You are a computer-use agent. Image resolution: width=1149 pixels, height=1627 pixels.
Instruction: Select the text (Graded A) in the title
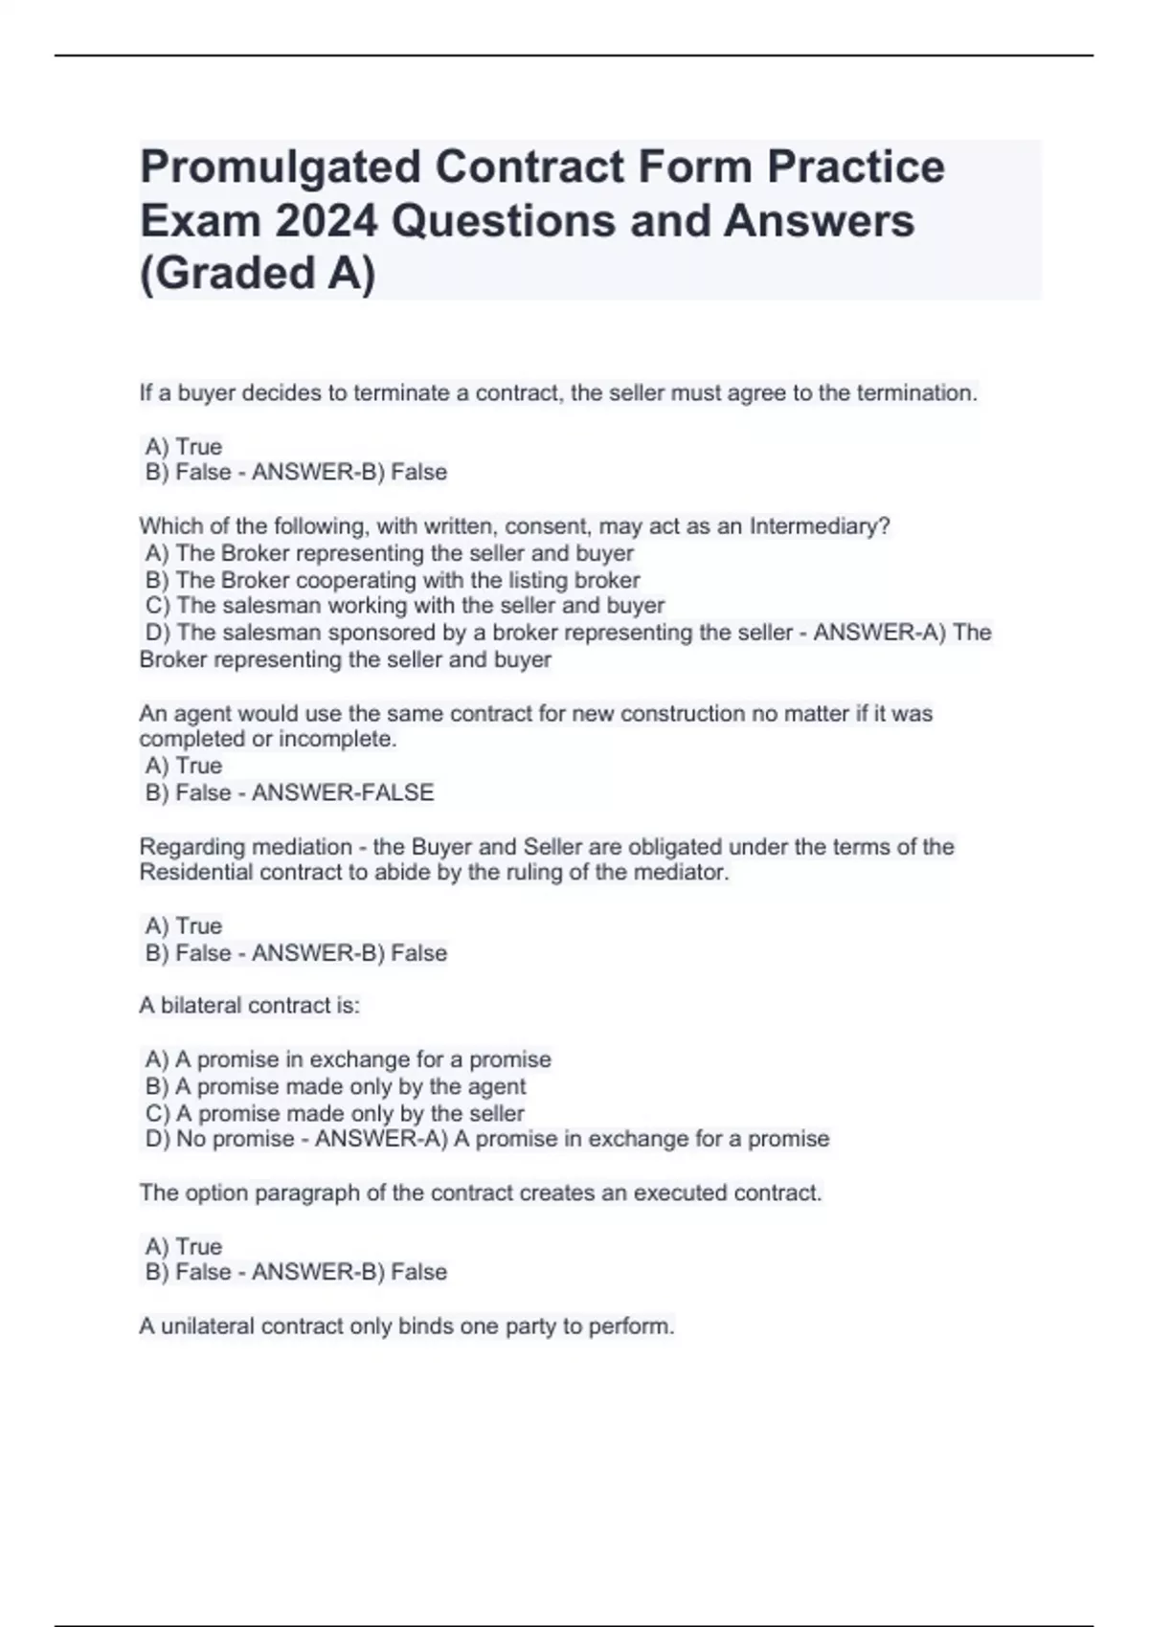click(x=258, y=274)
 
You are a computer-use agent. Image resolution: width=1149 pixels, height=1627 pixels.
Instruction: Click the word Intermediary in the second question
click(x=819, y=526)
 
